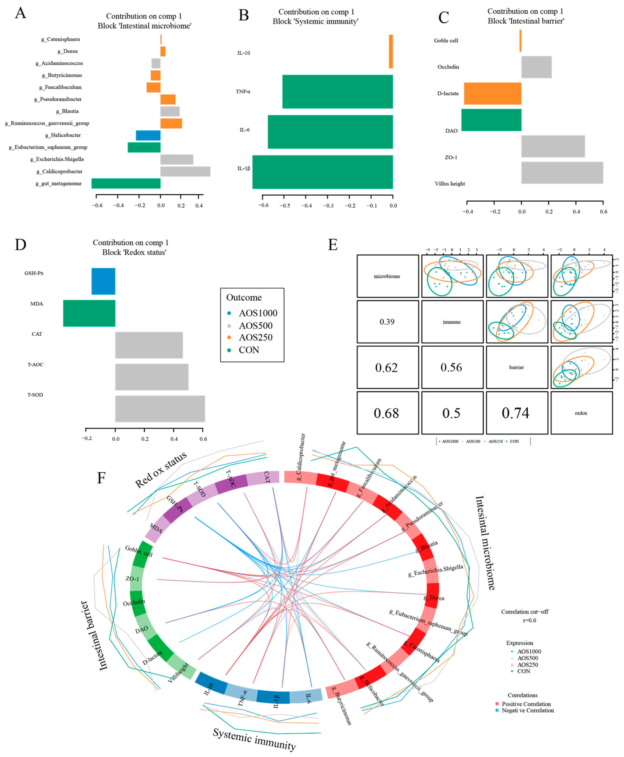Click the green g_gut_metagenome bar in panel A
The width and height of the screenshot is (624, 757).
[126, 183]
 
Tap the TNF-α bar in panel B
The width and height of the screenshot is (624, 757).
[337, 92]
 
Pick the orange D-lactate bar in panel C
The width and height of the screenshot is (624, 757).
[492, 93]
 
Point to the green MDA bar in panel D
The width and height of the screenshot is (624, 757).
[89, 313]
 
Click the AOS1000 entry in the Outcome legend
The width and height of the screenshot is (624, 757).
[258, 313]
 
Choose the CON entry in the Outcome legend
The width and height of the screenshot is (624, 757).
[249, 350]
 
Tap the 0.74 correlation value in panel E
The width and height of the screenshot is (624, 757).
[515, 413]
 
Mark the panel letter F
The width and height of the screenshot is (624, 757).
[101, 478]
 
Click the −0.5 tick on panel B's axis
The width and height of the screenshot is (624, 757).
[285, 205]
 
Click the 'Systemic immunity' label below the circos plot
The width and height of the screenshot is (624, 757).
[254, 739]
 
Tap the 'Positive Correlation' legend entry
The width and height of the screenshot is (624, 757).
[526, 704]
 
